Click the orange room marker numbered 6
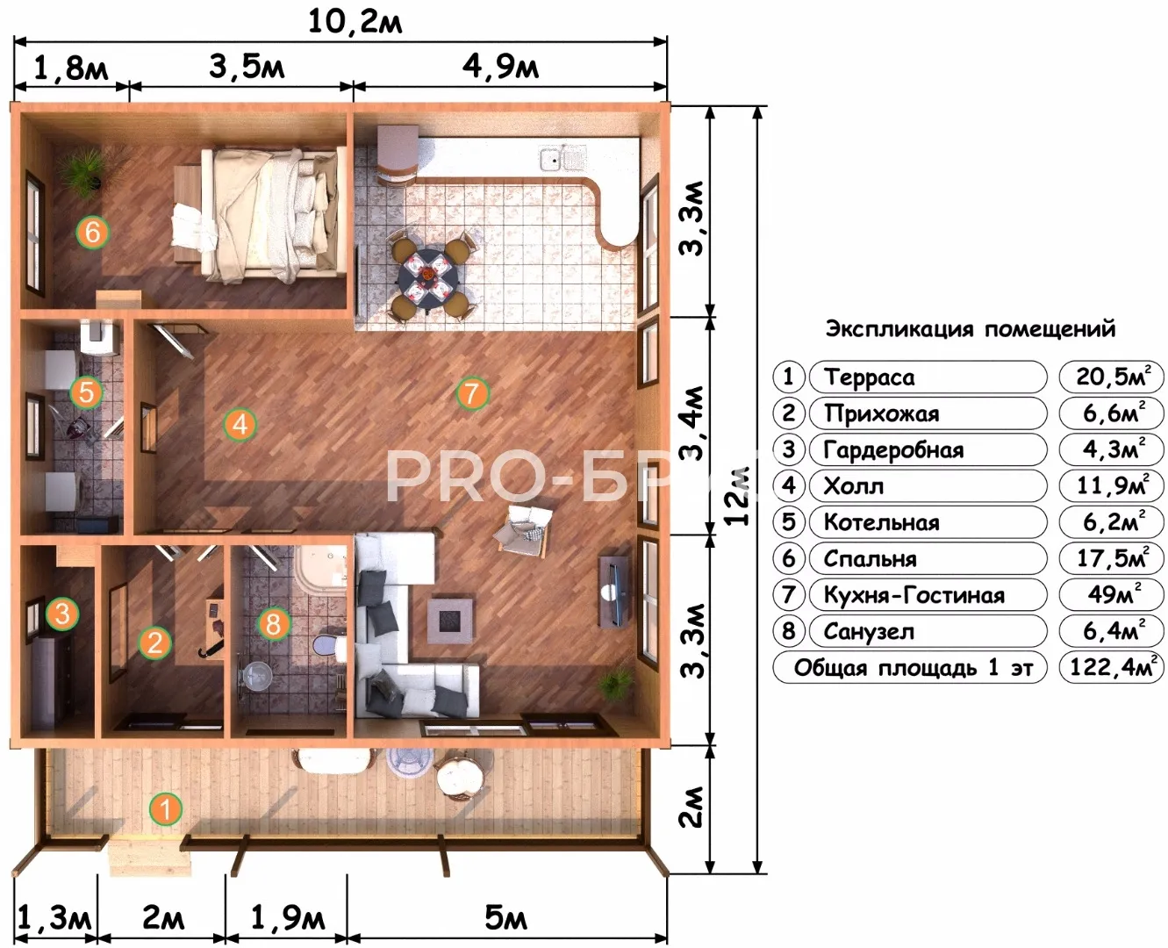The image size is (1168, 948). point(93,233)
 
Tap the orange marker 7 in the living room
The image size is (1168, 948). point(471,393)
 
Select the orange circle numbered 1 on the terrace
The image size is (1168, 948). point(166,808)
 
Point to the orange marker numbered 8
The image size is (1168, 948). point(274,623)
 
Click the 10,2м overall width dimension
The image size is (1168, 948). point(355,22)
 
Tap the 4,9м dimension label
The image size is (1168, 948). point(500,67)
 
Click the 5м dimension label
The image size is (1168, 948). point(505,917)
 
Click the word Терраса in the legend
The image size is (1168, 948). point(869,377)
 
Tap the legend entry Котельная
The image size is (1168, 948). point(881,522)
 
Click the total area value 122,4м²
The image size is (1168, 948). point(1112,667)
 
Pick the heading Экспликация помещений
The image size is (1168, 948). point(971,329)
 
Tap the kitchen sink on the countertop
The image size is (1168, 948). point(563,157)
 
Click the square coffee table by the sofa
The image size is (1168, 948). point(449,621)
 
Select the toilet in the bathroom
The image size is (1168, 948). point(331,645)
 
